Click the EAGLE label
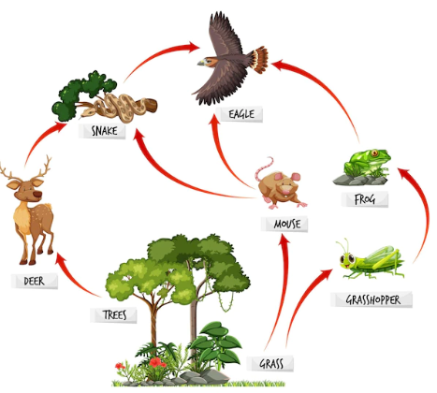(x=241, y=114)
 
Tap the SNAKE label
(x=104, y=131)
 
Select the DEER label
(x=35, y=281)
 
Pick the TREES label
(x=114, y=314)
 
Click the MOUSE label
(x=286, y=224)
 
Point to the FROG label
(x=365, y=199)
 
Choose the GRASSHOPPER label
(x=372, y=299)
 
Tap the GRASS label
(x=270, y=364)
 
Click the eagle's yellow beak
(x=200, y=63)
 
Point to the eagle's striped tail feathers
(x=260, y=60)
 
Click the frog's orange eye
(x=374, y=153)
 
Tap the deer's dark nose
(x=37, y=195)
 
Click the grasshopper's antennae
(x=343, y=246)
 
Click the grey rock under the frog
(x=359, y=180)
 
